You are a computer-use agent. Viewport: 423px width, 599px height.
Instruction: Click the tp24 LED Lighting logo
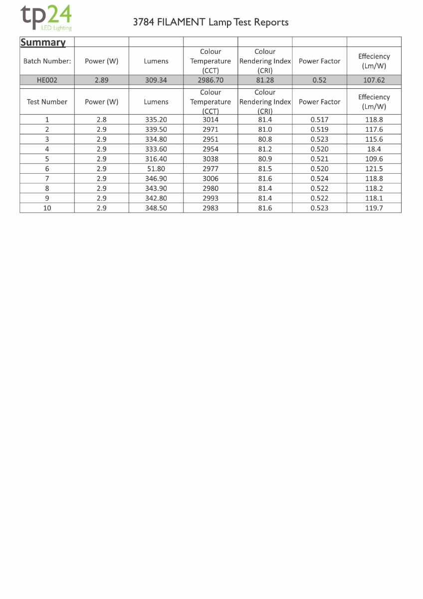tap(46, 17)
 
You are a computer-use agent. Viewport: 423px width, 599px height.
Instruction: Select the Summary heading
tap(43, 42)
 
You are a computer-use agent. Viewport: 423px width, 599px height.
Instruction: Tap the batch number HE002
tap(47, 80)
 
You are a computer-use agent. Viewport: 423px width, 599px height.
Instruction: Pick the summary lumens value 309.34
tap(156, 80)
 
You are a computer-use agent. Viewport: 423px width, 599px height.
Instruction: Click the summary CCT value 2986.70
tap(211, 80)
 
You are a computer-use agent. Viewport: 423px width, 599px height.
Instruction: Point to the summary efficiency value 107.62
tap(374, 80)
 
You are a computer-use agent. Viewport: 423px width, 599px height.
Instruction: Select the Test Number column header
tap(47, 102)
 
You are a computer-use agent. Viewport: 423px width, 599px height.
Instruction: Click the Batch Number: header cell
tap(47, 61)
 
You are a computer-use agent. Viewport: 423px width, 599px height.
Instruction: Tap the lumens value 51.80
tap(156, 169)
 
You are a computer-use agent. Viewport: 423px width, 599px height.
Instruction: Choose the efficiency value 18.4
tap(374, 149)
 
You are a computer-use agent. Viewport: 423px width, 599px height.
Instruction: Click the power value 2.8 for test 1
tap(102, 120)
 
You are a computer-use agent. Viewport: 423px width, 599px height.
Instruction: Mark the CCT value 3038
tap(211, 159)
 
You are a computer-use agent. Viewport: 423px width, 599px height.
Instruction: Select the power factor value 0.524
tap(319, 179)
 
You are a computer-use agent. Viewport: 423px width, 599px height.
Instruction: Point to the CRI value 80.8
tap(265, 139)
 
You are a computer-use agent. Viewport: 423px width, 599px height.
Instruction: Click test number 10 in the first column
tap(47, 208)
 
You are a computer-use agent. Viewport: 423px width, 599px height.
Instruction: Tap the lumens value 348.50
tap(156, 208)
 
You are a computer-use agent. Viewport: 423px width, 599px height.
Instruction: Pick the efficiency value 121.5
tap(374, 169)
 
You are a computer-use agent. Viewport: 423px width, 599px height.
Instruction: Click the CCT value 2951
tap(211, 139)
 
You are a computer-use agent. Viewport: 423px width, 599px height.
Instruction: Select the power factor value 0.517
tap(319, 120)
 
